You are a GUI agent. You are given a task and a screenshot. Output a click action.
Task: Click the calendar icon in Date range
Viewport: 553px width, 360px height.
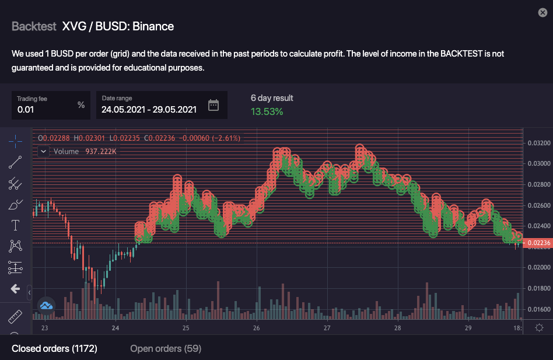point(213,105)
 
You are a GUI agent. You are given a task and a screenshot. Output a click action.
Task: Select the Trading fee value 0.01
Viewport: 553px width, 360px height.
point(26,109)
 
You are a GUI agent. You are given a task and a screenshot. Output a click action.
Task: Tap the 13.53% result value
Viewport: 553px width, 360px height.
point(267,111)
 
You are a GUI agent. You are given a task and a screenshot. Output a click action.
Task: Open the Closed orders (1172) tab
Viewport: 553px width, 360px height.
point(54,348)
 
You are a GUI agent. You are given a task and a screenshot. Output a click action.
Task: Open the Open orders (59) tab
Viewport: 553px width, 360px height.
point(166,348)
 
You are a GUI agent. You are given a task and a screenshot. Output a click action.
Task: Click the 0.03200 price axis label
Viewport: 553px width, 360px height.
point(538,142)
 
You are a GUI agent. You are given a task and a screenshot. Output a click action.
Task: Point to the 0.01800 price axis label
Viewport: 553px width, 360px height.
point(538,288)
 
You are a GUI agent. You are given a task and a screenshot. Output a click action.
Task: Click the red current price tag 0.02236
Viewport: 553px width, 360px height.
point(538,243)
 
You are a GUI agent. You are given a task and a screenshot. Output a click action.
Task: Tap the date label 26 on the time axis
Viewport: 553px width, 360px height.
point(256,328)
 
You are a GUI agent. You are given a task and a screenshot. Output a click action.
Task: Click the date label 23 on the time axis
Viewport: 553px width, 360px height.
point(44,328)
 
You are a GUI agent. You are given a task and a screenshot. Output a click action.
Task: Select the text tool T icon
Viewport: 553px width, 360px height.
point(15,225)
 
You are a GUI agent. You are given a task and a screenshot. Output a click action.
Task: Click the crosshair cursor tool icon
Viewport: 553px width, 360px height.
point(15,141)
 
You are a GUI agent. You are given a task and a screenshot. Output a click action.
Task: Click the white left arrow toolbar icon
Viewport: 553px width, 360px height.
point(15,289)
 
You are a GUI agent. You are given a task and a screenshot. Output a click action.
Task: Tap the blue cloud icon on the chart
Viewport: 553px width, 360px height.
point(46,305)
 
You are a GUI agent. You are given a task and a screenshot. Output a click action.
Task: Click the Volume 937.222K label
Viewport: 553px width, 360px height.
point(85,152)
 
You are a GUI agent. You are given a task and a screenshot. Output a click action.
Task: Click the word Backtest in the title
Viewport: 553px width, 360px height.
point(34,26)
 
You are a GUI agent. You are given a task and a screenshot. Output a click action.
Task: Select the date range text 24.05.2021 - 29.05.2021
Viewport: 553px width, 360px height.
point(149,109)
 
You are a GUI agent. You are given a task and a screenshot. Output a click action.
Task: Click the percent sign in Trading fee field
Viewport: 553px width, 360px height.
point(81,105)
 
